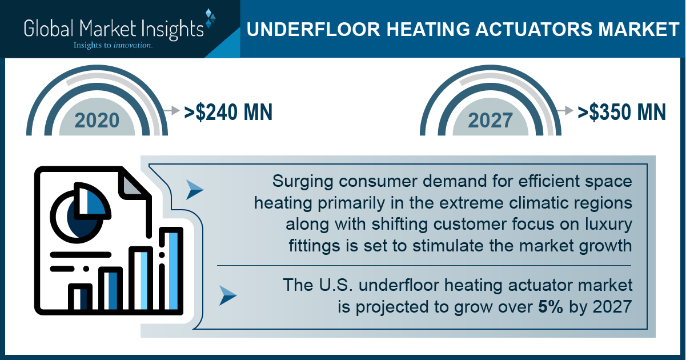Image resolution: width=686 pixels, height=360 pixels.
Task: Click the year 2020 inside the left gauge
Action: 97,121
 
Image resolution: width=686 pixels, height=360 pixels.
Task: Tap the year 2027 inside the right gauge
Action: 490,121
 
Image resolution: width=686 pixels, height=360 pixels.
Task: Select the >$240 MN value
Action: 228,112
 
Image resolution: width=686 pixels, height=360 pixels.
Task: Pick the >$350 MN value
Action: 621,112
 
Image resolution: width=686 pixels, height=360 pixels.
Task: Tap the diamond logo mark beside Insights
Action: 210,18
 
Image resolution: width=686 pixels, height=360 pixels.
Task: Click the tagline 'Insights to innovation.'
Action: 113,45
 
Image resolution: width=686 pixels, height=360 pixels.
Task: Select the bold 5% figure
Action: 550,306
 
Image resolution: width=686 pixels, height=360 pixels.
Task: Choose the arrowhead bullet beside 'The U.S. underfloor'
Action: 228,295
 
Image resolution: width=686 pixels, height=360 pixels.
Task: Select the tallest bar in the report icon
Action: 171,270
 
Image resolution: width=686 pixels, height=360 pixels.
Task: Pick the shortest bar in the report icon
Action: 80,298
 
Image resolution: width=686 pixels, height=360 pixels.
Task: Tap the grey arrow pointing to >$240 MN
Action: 171,110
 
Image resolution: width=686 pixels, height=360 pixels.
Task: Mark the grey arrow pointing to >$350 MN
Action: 565,110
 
